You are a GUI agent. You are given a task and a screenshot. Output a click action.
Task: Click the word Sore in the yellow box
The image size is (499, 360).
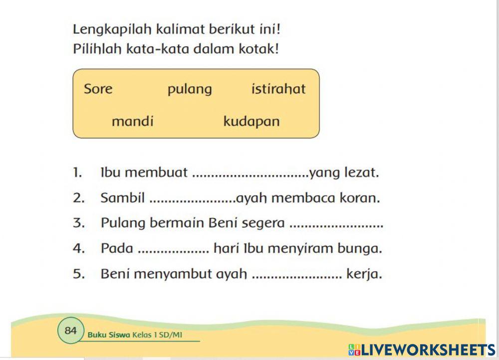pos(98,89)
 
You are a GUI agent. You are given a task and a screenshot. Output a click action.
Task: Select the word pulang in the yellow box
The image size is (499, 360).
pos(190,90)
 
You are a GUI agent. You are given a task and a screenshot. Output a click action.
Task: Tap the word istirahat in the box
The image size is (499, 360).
pos(278,89)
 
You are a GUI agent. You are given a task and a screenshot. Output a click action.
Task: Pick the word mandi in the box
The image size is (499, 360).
pos(133,122)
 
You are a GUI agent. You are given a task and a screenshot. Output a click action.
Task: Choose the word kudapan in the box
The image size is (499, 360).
pos(251,122)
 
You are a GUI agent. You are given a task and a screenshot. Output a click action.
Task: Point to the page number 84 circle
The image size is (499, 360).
pos(70,330)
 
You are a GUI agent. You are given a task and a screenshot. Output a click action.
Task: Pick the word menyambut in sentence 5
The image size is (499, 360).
pos(173,274)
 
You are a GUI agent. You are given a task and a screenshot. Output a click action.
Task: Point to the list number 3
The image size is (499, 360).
pos(78,223)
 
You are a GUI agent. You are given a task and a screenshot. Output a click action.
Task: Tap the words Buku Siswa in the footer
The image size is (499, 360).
pos(109,335)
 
